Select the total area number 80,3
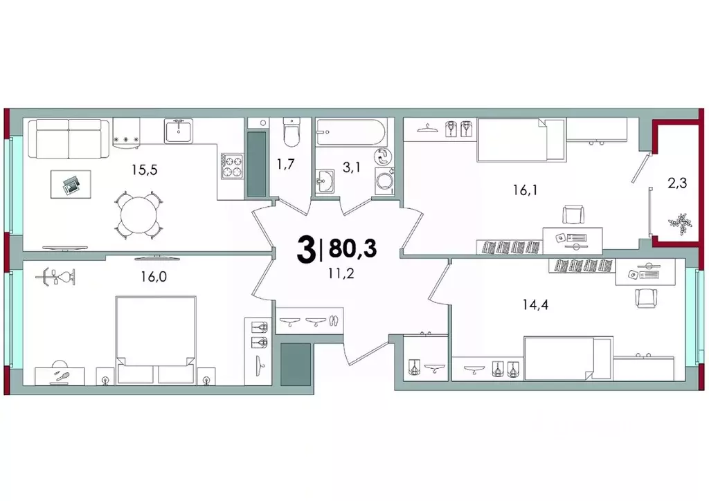coord(352,248)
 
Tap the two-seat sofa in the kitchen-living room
coord(69,137)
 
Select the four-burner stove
coord(233,165)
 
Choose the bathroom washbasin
coord(324,183)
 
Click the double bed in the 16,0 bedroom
coord(154,339)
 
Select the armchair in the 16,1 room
coord(574,215)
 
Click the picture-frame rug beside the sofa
coord(70,185)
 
